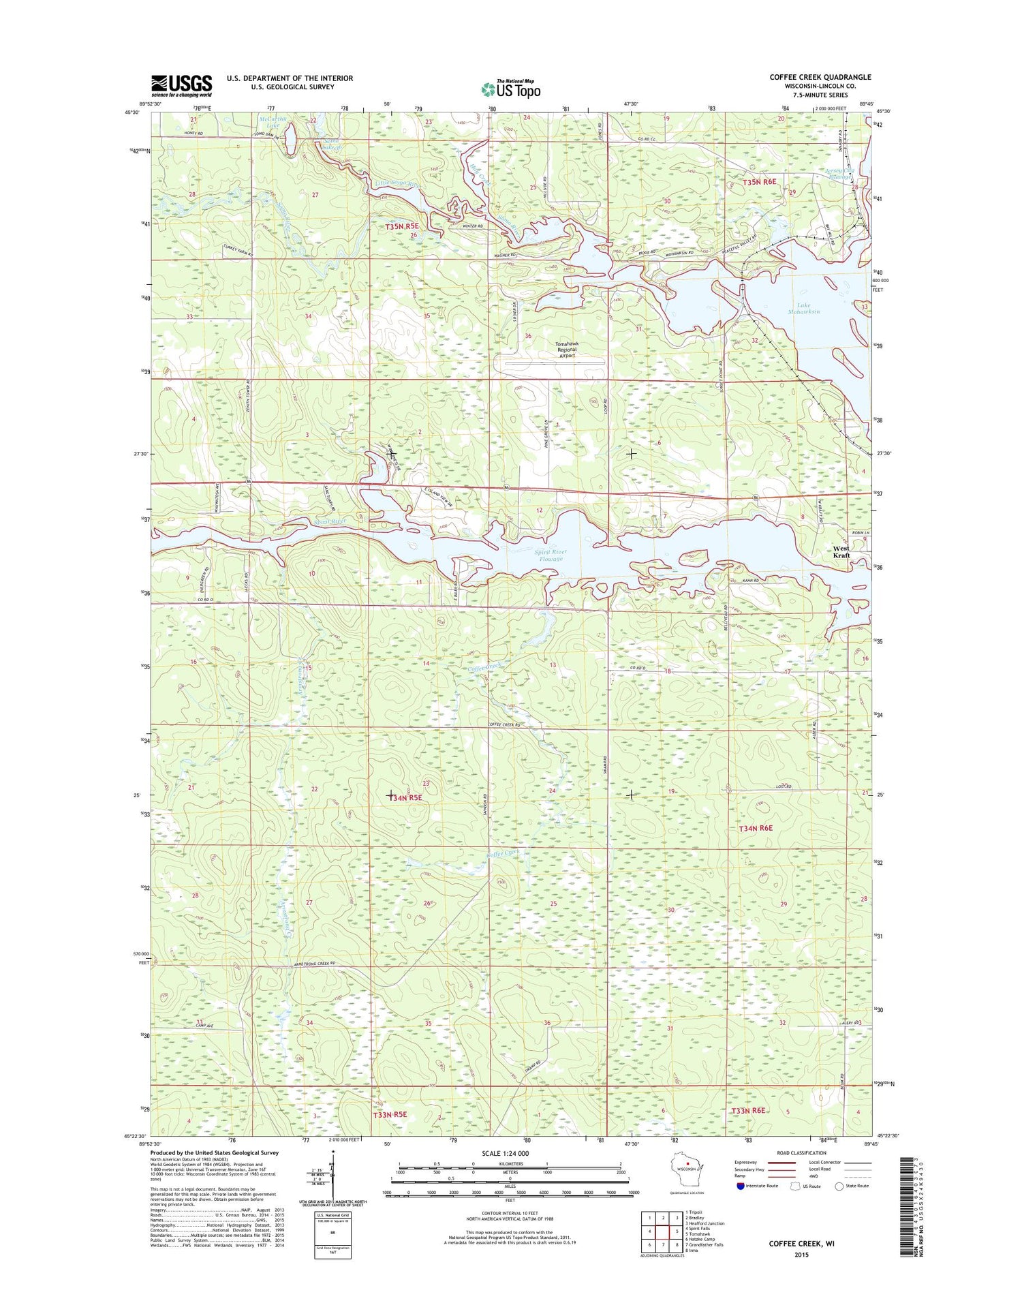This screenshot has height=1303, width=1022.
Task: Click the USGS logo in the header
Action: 181,86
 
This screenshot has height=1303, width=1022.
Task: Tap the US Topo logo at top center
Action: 511,89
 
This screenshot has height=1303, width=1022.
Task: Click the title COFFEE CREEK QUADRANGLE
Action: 820,77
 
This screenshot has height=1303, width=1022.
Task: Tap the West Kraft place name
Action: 841,551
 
